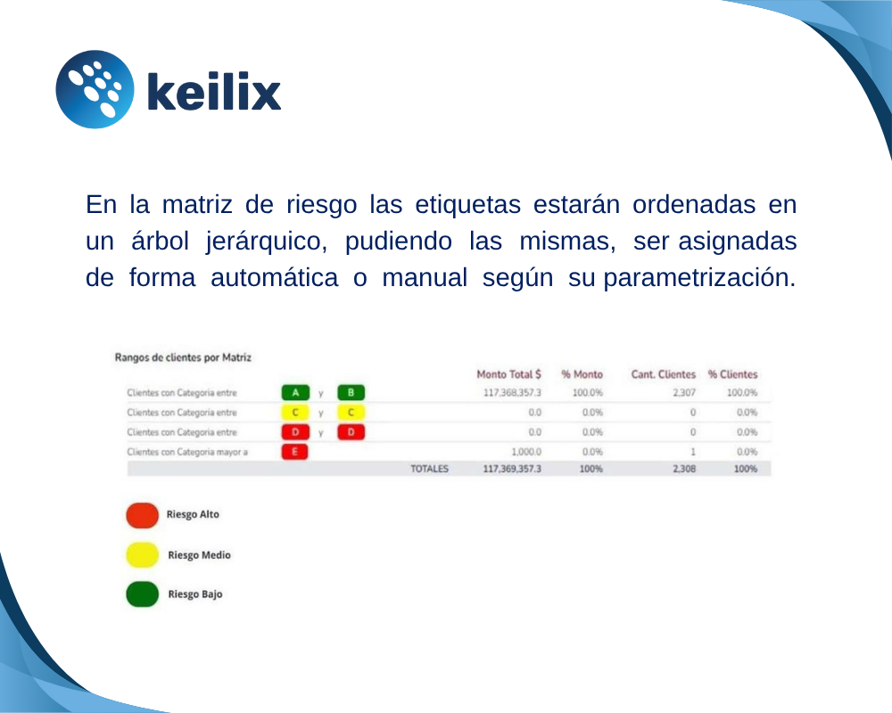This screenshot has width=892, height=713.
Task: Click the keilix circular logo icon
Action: pos(95,89)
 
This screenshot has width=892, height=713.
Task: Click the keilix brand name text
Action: pos(212,92)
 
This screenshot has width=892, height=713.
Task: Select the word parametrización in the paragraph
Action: pos(699,277)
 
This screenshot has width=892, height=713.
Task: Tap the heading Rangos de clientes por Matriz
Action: pos(183,357)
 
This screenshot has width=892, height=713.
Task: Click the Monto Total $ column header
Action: pos(508,374)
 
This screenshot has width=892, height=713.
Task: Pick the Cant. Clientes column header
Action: pos(663,374)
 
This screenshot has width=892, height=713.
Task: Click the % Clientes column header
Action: pos(732,374)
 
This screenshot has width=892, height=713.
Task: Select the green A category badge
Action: pos(295,392)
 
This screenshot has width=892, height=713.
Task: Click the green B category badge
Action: pos(351,392)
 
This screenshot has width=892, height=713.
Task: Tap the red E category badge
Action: pos(295,452)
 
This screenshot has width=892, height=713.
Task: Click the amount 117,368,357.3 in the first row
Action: pos(512,392)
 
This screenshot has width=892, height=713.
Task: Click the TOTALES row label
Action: pos(429,468)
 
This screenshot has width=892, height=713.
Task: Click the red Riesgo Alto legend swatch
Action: pos(142,515)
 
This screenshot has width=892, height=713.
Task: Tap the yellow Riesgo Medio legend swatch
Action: pos(142,555)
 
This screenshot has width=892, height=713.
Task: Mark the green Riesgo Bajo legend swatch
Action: pos(142,594)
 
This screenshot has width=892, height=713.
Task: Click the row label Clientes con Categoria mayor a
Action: pos(187,452)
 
